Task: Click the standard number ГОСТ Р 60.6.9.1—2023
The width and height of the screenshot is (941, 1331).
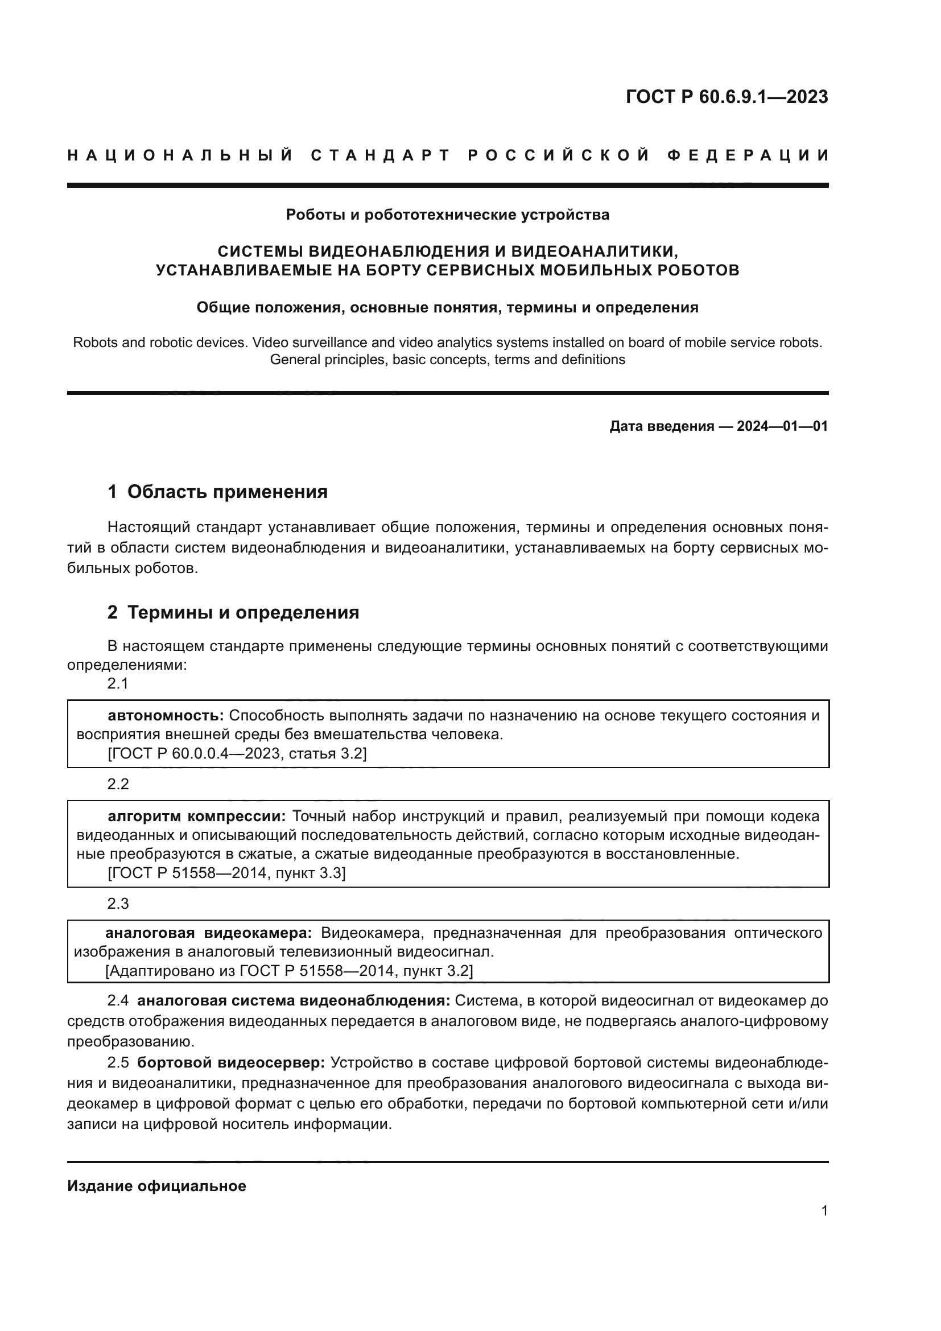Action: tap(727, 97)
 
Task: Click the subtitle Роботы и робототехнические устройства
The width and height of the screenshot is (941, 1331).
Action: tap(447, 215)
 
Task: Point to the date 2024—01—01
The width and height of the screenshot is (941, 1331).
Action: tap(782, 427)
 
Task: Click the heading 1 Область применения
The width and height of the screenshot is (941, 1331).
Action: tap(217, 492)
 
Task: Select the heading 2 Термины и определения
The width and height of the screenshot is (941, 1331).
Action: tap(233, 613)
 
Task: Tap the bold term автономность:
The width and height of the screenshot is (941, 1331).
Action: tap(166, 715)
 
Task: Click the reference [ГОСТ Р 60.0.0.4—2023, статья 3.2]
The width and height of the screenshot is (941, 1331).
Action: tap(237, 753)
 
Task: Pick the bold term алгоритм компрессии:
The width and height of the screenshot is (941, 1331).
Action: tap(197, 816)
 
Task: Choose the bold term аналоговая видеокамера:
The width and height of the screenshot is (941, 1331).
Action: tap(208, 933)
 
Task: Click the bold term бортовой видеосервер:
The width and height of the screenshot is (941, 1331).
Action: tap(231, 1062)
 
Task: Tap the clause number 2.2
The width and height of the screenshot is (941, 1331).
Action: tap(118, 784)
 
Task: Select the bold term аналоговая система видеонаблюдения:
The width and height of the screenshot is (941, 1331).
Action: tap(293, 1000)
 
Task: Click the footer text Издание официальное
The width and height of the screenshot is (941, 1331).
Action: tap(156, 1185)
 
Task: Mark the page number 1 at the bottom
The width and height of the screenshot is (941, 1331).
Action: tap(824, 1211)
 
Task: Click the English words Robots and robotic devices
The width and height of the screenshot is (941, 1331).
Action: tap(160, 343)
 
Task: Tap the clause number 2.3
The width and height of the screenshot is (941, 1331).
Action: tap(118, 904)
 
